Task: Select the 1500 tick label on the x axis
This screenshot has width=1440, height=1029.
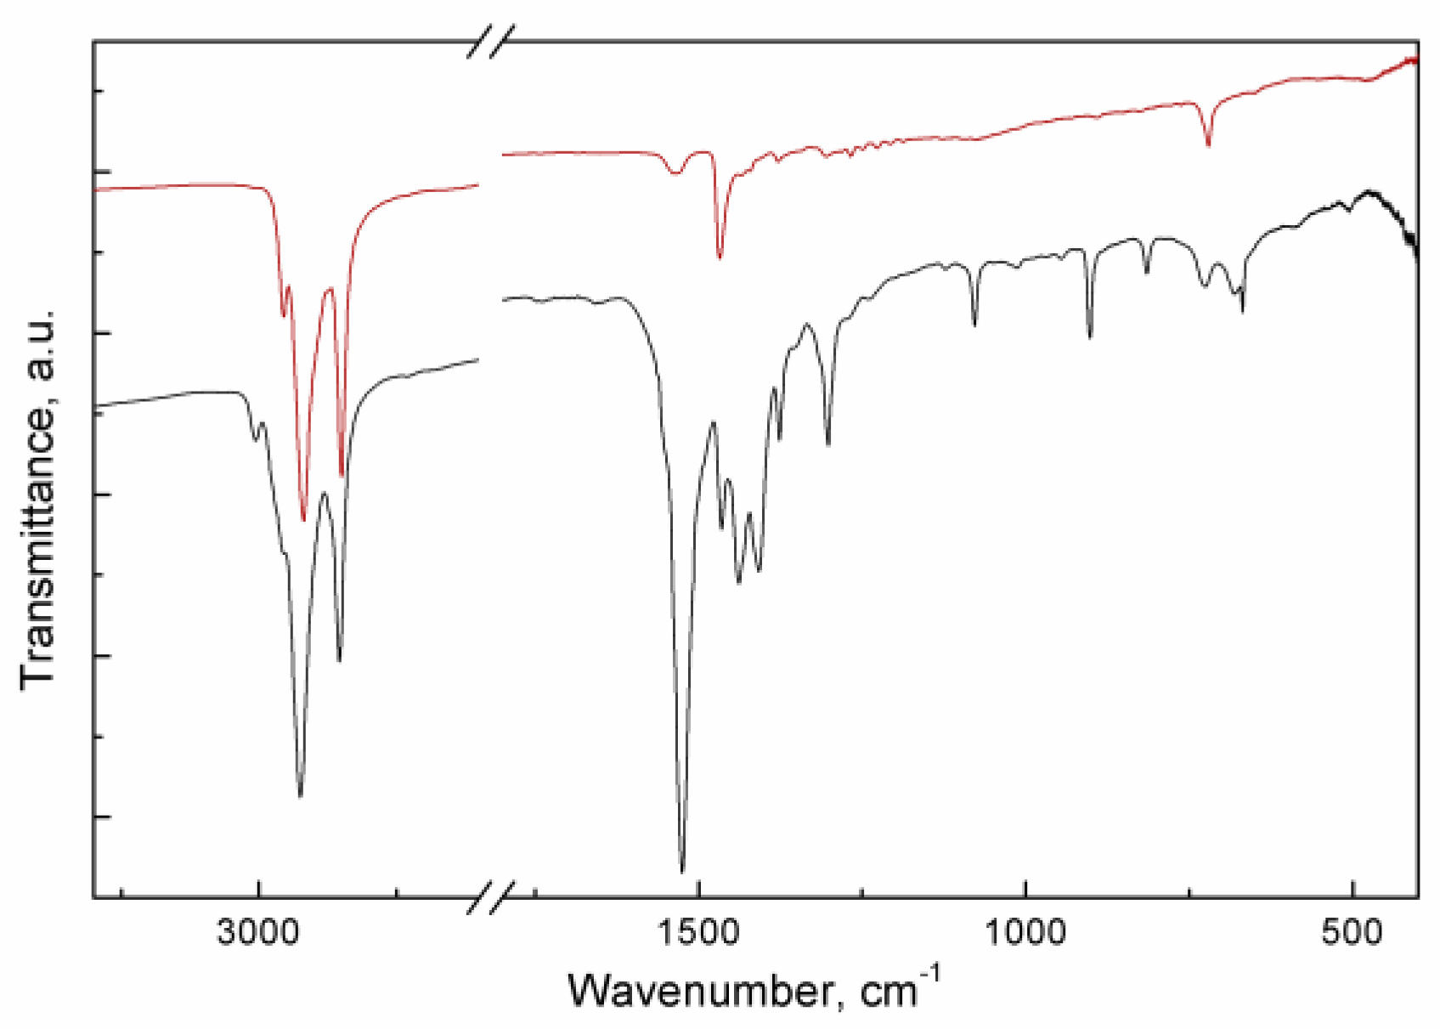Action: [698, 932]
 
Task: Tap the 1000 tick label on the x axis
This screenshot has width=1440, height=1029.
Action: [1026, 932]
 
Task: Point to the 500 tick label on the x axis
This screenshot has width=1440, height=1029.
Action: [1352, 932]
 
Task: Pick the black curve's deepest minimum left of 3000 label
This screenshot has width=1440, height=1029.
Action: [300, 795]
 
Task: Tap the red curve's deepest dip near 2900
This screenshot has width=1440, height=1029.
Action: [303, 519]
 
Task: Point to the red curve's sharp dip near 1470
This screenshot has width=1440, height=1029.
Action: [720, 257]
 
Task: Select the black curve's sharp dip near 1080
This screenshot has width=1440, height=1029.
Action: [974, 324]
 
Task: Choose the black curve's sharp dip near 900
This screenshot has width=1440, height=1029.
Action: [1090, 336]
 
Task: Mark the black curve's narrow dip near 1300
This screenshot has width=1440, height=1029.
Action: [828, 443]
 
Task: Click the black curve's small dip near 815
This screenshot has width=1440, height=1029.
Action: [1147, 272]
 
